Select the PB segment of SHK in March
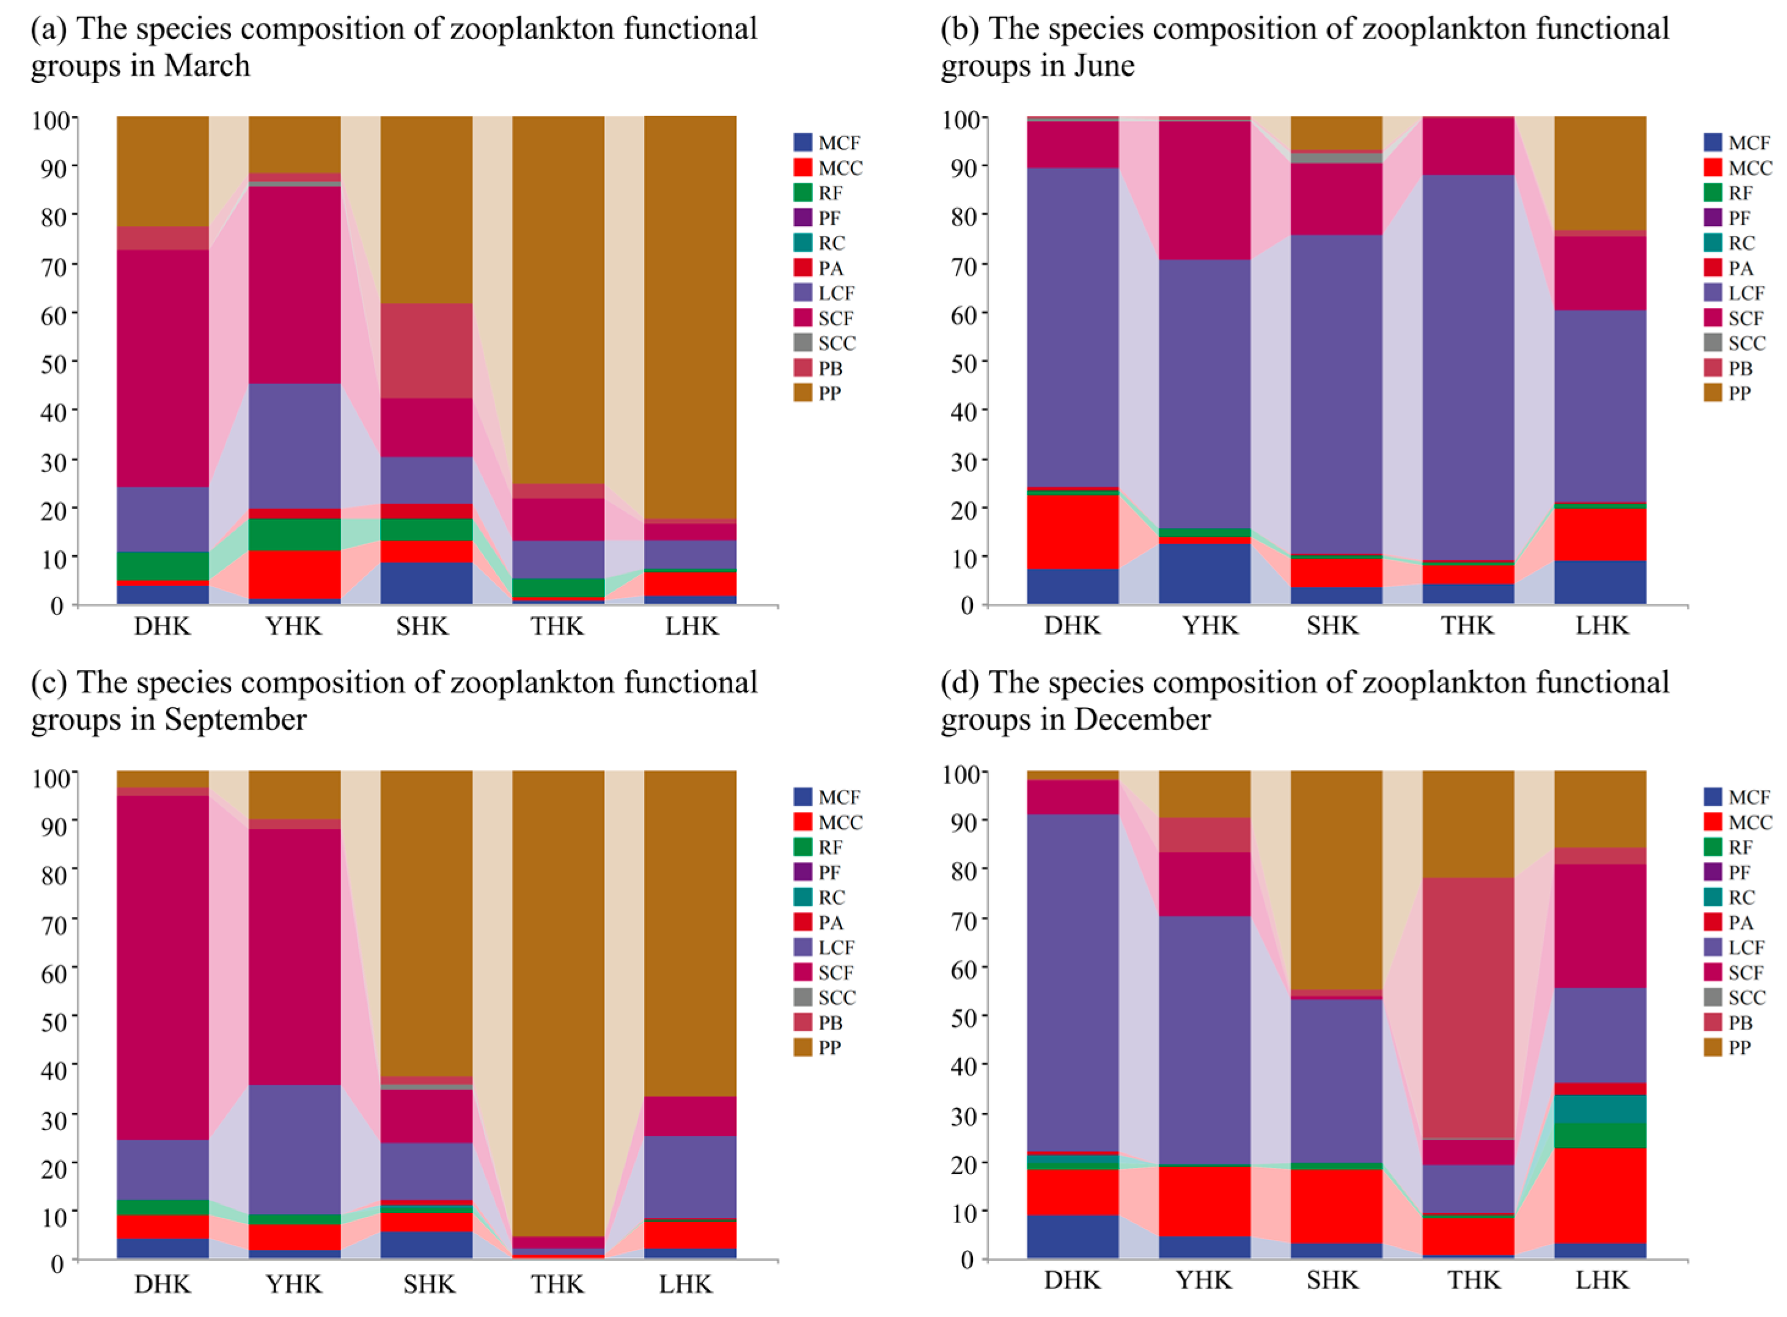tap(426, 350)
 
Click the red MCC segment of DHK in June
tap(1073, 531)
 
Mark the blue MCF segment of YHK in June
tap(1204, 573)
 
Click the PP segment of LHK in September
tap(690, 933)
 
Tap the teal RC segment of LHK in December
tap(1599, 1109)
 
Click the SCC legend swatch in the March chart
tap(802, 343)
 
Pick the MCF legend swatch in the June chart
tap(1712, 143)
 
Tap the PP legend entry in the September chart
tap(817, 1048)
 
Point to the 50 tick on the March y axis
tap(52, 363)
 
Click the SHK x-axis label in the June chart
tap(1332, 626)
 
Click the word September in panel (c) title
tap(235, 720)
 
